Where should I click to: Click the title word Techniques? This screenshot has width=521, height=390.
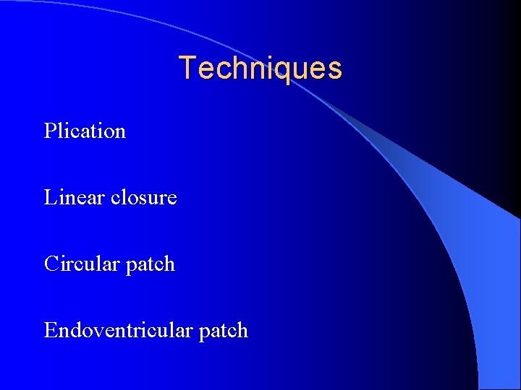260,69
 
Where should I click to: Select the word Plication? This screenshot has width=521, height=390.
85,131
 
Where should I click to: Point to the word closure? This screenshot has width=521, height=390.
144,197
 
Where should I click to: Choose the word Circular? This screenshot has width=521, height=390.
82,264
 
